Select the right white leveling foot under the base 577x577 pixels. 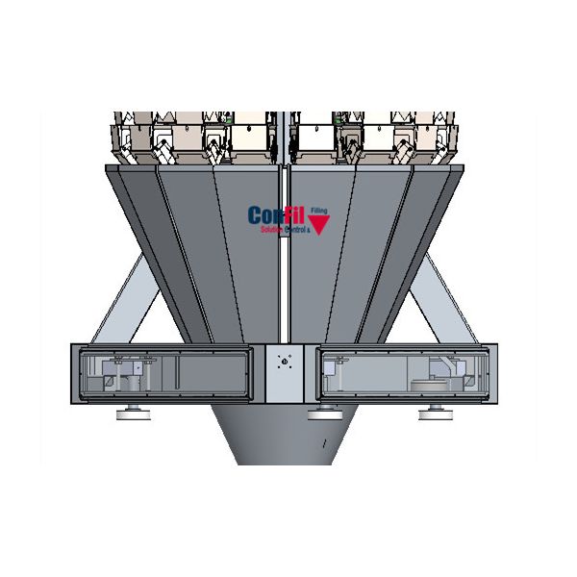tap(432, 413)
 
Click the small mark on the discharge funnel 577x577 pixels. tap(324, 441)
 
